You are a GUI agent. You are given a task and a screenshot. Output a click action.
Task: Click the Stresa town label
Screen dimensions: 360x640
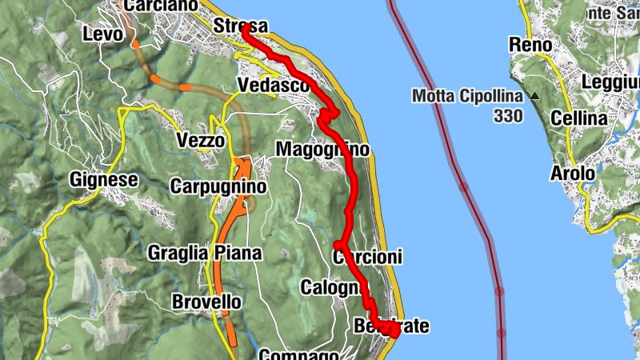click(x=241, y=26)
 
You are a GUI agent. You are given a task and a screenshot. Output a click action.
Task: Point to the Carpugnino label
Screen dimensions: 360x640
click(x=218, y=186)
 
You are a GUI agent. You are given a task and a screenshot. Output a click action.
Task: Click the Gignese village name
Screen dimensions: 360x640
click(x=103, y=179)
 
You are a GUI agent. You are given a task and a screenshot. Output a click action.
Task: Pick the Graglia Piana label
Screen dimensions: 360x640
click(x=205, y=254)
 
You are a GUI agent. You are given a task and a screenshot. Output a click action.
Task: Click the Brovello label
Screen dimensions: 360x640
click(x=206, y=302)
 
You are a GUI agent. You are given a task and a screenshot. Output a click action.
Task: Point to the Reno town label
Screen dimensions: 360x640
click(x=530, y=45)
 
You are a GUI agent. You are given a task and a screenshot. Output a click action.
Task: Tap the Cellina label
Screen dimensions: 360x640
click(x=579, y=118)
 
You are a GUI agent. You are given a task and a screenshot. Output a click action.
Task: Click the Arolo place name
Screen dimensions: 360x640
click(x=573, y=173)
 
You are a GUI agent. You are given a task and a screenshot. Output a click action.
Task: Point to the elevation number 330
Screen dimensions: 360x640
click(x=507, y=116)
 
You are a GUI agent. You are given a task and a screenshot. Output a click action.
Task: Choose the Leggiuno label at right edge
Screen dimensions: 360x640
click(x=611, y=82)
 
